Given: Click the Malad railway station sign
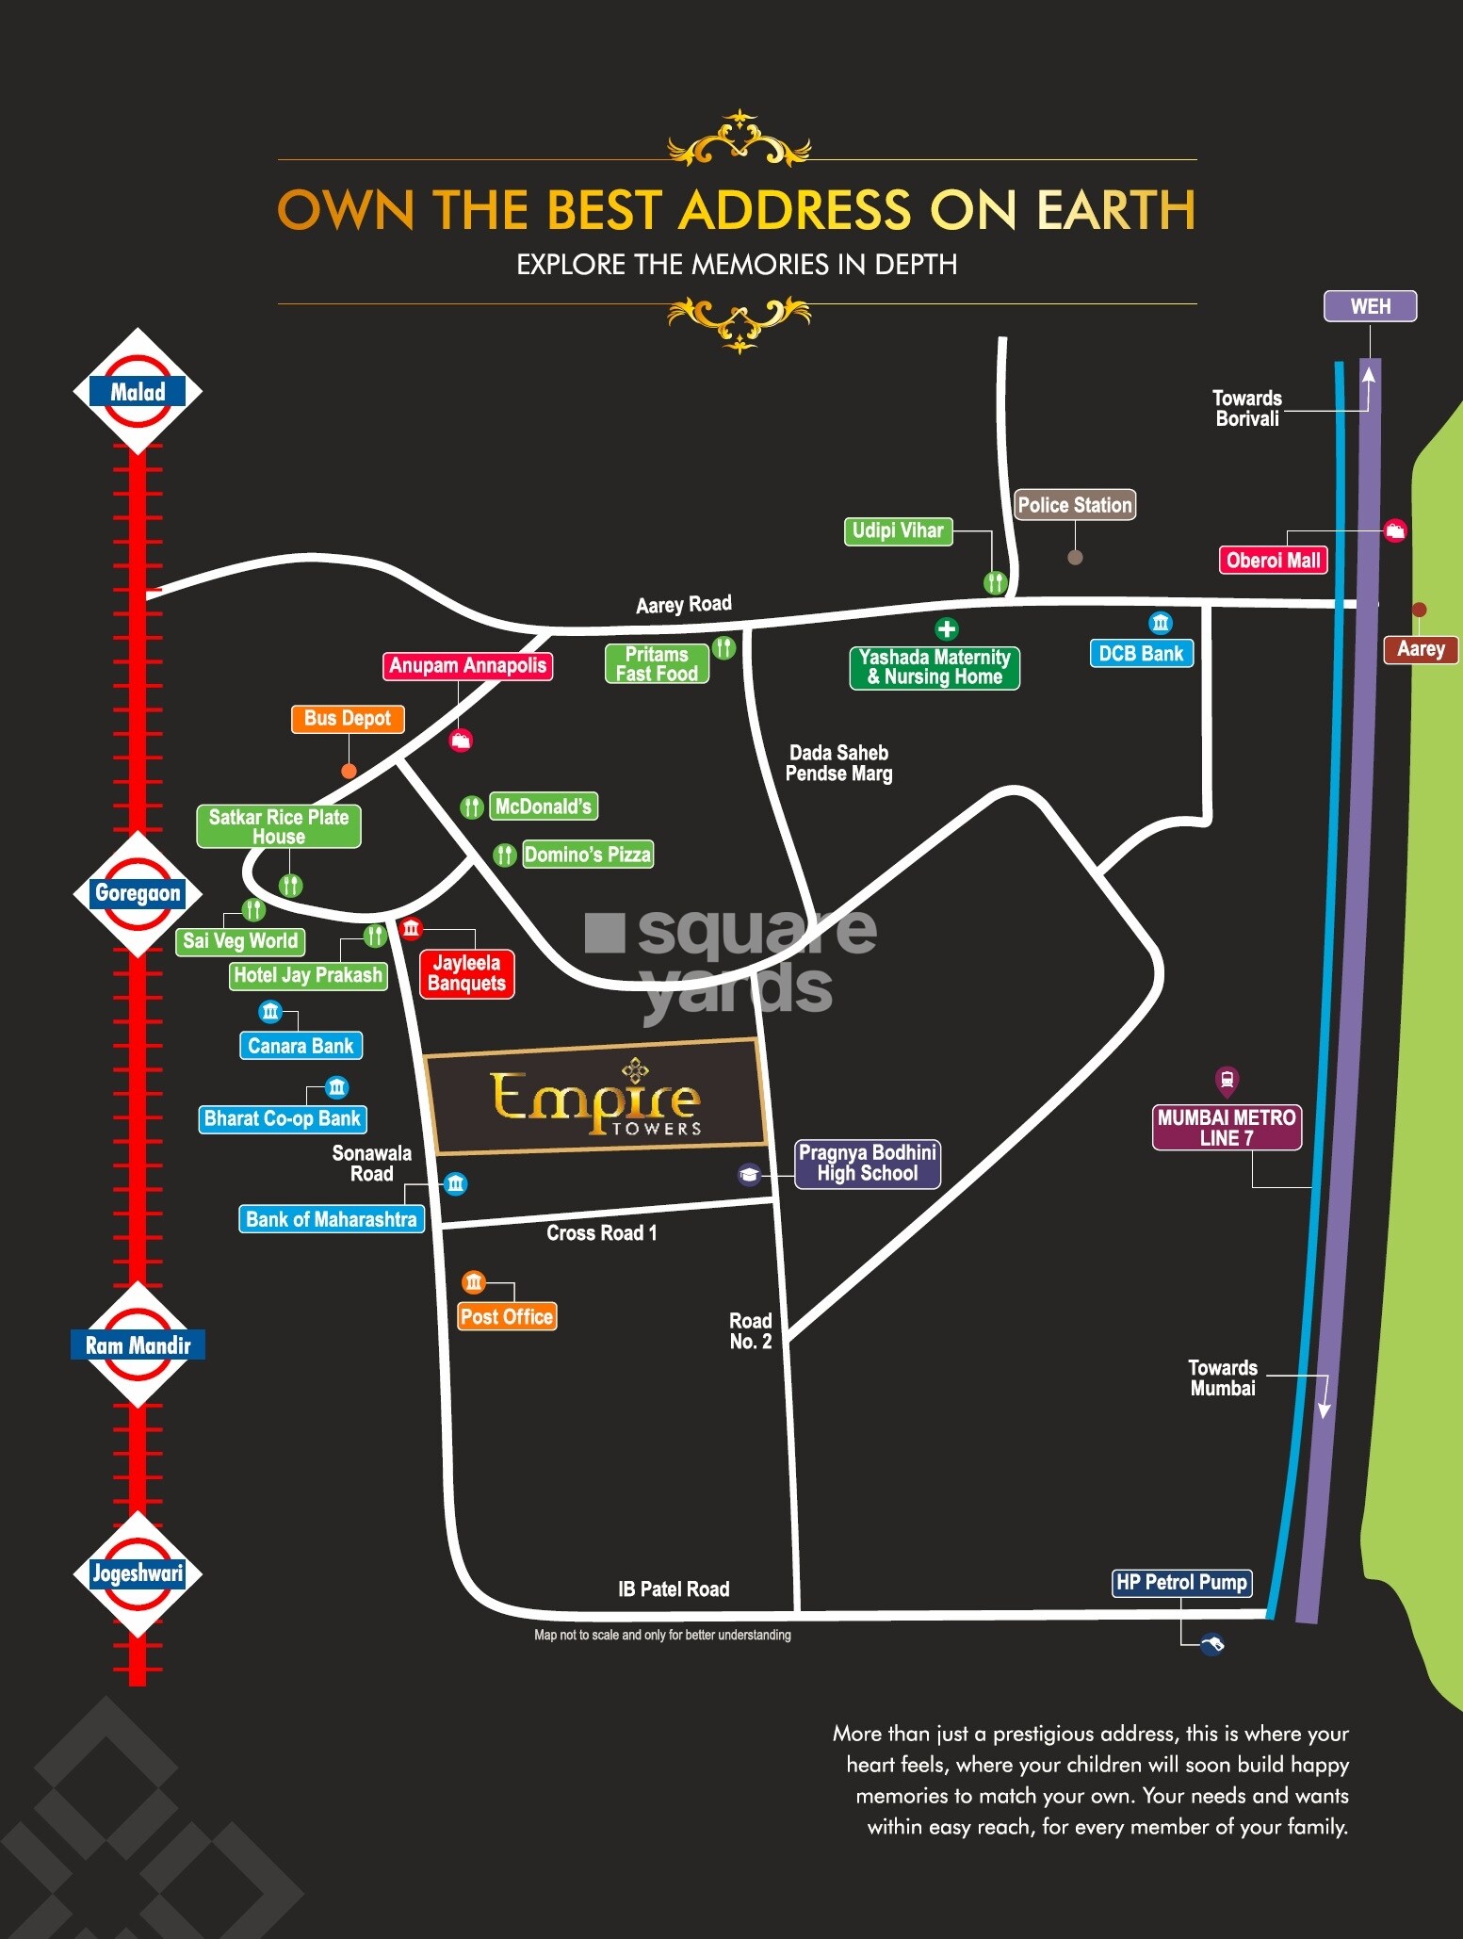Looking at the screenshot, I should pyautogui.click(x=138, y=391).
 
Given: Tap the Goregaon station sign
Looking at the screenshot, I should pyautogui.click(x=138, y=893).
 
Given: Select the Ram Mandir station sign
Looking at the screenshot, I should pyautogui.click(x=138, y=1344).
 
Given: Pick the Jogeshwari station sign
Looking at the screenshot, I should pyautogui.click(x=138, y=1572).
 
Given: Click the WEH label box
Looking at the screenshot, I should pyautogui.click(x=1370, y=306).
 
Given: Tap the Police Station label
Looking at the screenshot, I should pyautogui.click(x=1075, y=505).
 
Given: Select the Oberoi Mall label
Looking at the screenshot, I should pyautogui.click(x=1273, y=560).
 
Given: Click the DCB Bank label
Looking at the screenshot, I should pyautogui.click(x=1141, y=653).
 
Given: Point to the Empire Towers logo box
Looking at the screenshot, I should pyautogui.click(x=595, y=1097).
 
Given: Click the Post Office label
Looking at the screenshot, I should pyautogui.click(x=507, y=1316).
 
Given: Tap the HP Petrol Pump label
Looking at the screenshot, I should pyautogui.click(x=1182, y=1582).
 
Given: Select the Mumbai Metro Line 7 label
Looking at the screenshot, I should pyautogui.click(x=1227, y=1127).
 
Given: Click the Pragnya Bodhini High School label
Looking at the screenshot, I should pyautogui.click(x=868, y=1163).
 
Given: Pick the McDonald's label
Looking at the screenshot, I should pyautogui.click(x=544, y=807).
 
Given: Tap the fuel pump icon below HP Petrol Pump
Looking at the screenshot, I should pyautogui.click(x=1212, y=1644).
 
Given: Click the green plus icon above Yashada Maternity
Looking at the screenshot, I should pyautogui.click(x=947, y=628).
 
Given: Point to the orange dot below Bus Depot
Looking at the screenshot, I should pyautogui.click(x=349, y=771).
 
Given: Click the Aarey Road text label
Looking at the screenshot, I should pyautogui.click(x=684, y=604).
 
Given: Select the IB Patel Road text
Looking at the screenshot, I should pyautogui.click(x=674, y=1589).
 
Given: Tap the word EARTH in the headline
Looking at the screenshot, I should pyautogui.click(x=1115, y=209).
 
